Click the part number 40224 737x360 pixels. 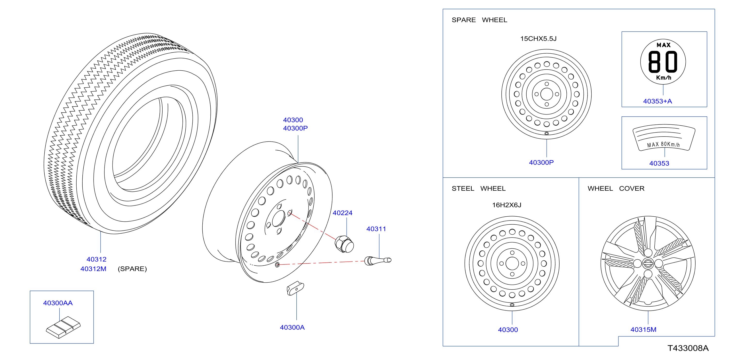342,213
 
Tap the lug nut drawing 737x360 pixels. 344,244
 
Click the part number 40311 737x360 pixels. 376,229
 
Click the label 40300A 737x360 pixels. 292,327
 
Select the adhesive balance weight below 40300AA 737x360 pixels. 63,327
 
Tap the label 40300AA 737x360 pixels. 58,303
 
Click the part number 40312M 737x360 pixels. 93,269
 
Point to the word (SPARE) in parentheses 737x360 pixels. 132,269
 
